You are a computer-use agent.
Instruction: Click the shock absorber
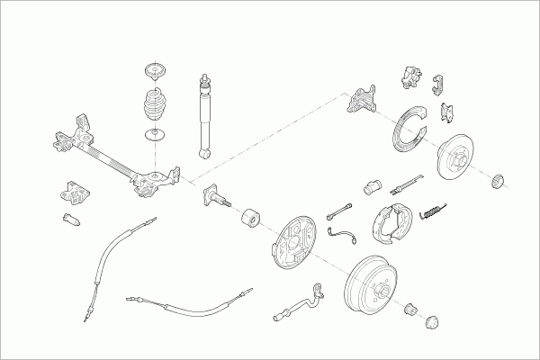(204, 117)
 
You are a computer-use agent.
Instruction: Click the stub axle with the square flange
(217, 195)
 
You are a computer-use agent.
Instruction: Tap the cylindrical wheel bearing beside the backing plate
(250, 218)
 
